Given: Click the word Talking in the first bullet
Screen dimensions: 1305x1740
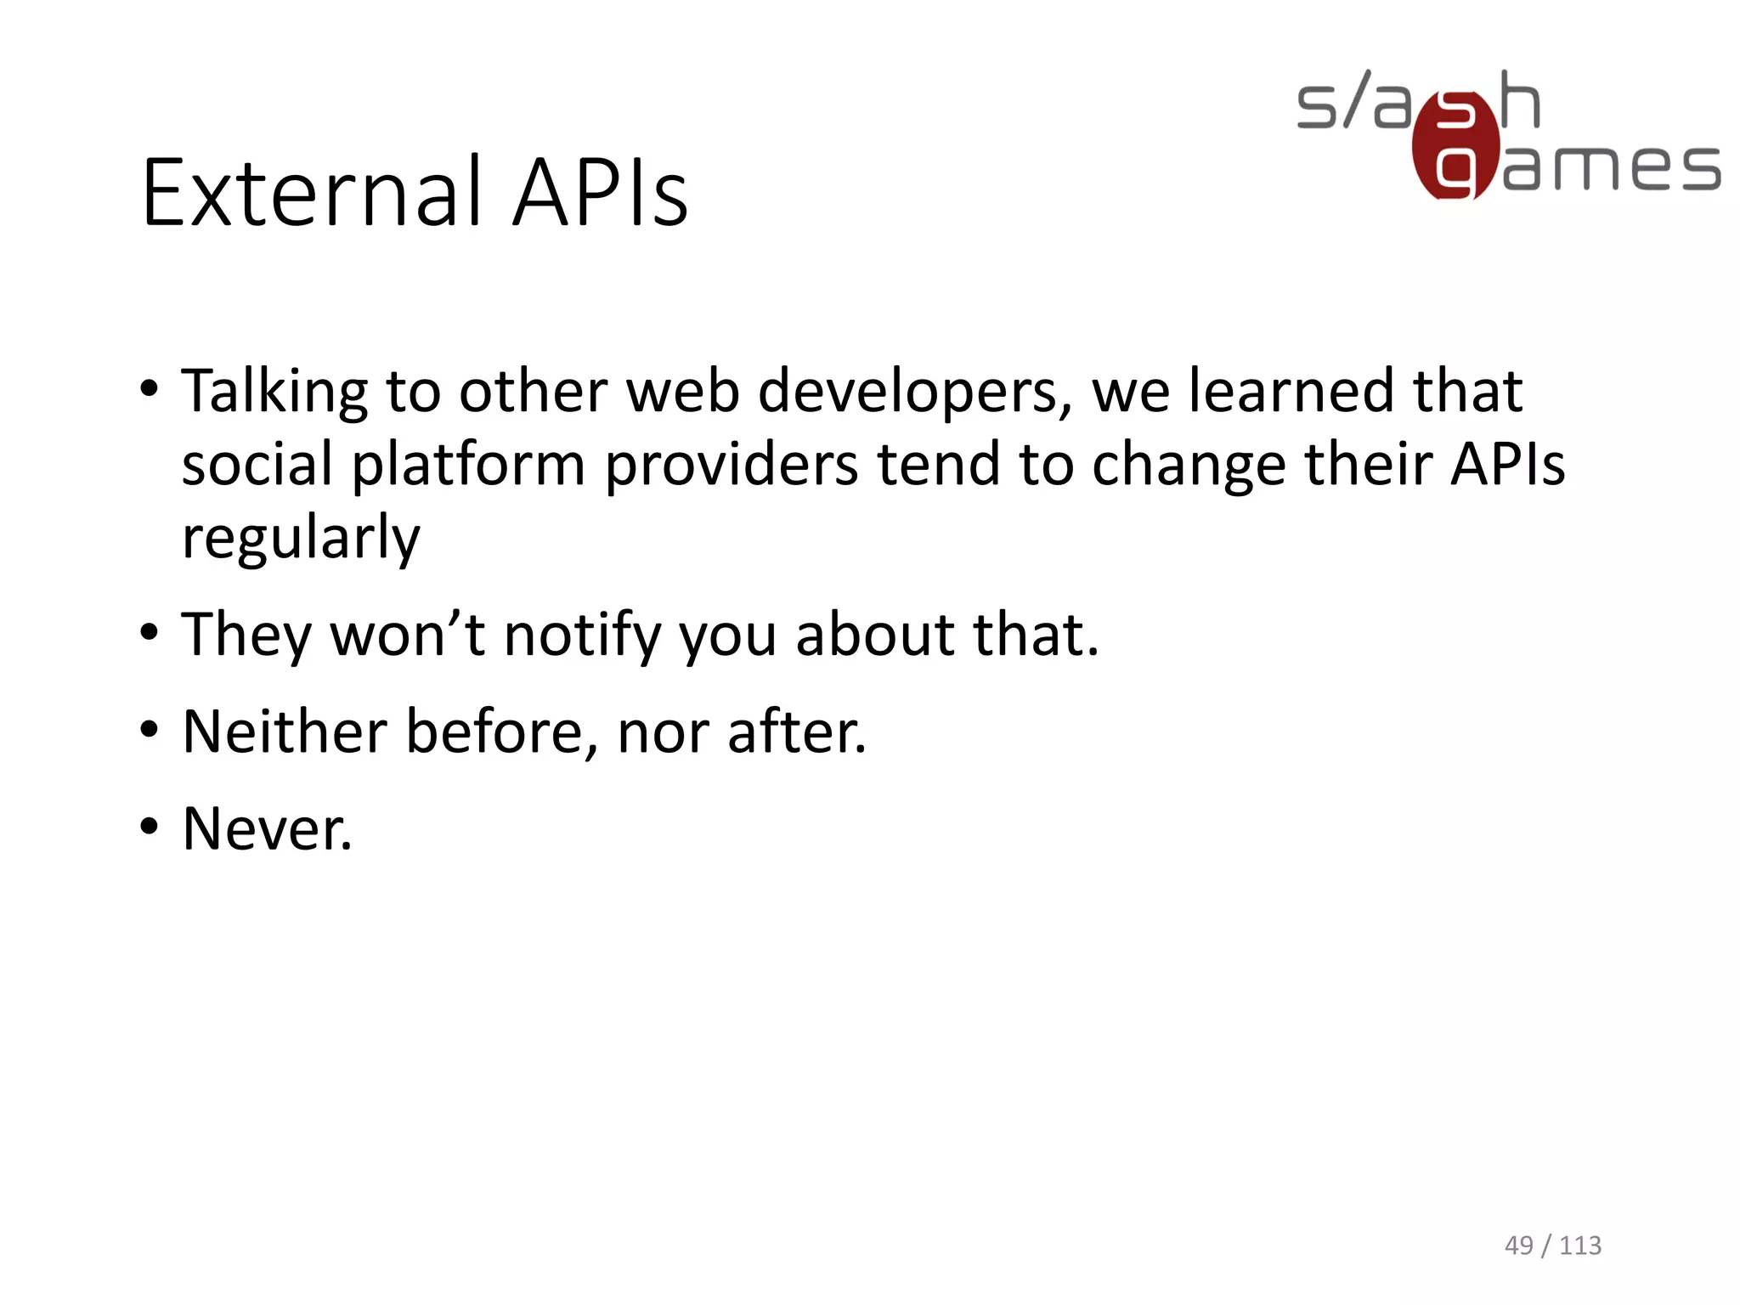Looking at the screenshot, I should tap(274, 393).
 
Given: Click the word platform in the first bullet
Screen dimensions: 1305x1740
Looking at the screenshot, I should tap(468, 466).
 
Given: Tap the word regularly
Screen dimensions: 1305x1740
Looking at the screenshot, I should tap(301, 540).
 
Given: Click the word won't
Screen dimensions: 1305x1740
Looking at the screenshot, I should tap(407, 636).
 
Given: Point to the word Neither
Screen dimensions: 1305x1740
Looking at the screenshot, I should tap(285, 732).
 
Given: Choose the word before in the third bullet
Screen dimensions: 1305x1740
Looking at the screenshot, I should tap(501, 732).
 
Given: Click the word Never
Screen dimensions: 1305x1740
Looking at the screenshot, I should tap(267, 829).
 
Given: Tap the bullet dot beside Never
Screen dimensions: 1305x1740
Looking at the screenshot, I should tap(150, 826).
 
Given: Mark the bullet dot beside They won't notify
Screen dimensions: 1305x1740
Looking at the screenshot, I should tap(150, 633).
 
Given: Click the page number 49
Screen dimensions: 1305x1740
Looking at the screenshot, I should tap(1519, 1246).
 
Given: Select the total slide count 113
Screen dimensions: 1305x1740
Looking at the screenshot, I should tap(1580, 1246).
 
